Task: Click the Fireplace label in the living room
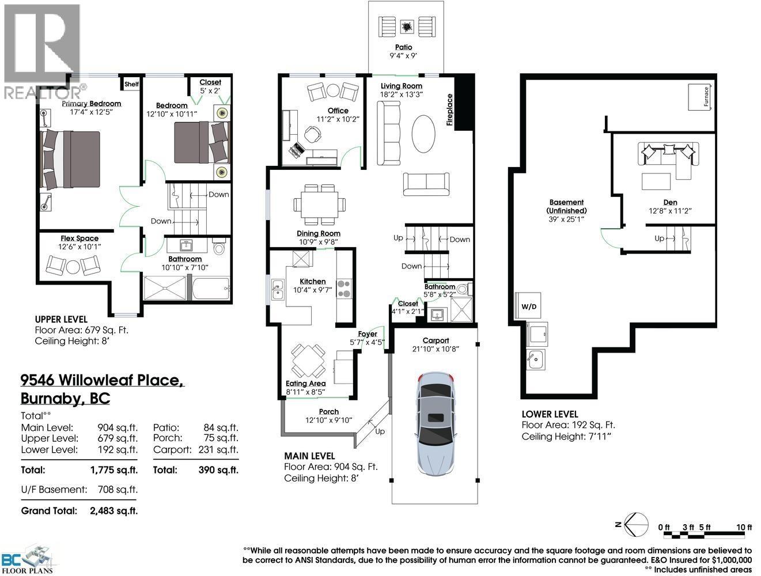[x=450, y=109]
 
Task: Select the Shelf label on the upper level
[x=131, y=84]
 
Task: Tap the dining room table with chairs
[x=320, y=204]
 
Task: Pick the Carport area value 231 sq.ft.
[x=218, y=449]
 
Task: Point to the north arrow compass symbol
[x=632, y=523]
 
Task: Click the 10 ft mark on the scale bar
[x=744, y=527]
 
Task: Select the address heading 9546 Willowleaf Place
[x=102, y=380]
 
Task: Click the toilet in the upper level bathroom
[x=219, y=248]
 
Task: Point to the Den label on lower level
[x=670, y=202]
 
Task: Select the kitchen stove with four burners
[x=344, y=288]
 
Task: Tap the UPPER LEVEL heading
[x=61, y=319]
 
